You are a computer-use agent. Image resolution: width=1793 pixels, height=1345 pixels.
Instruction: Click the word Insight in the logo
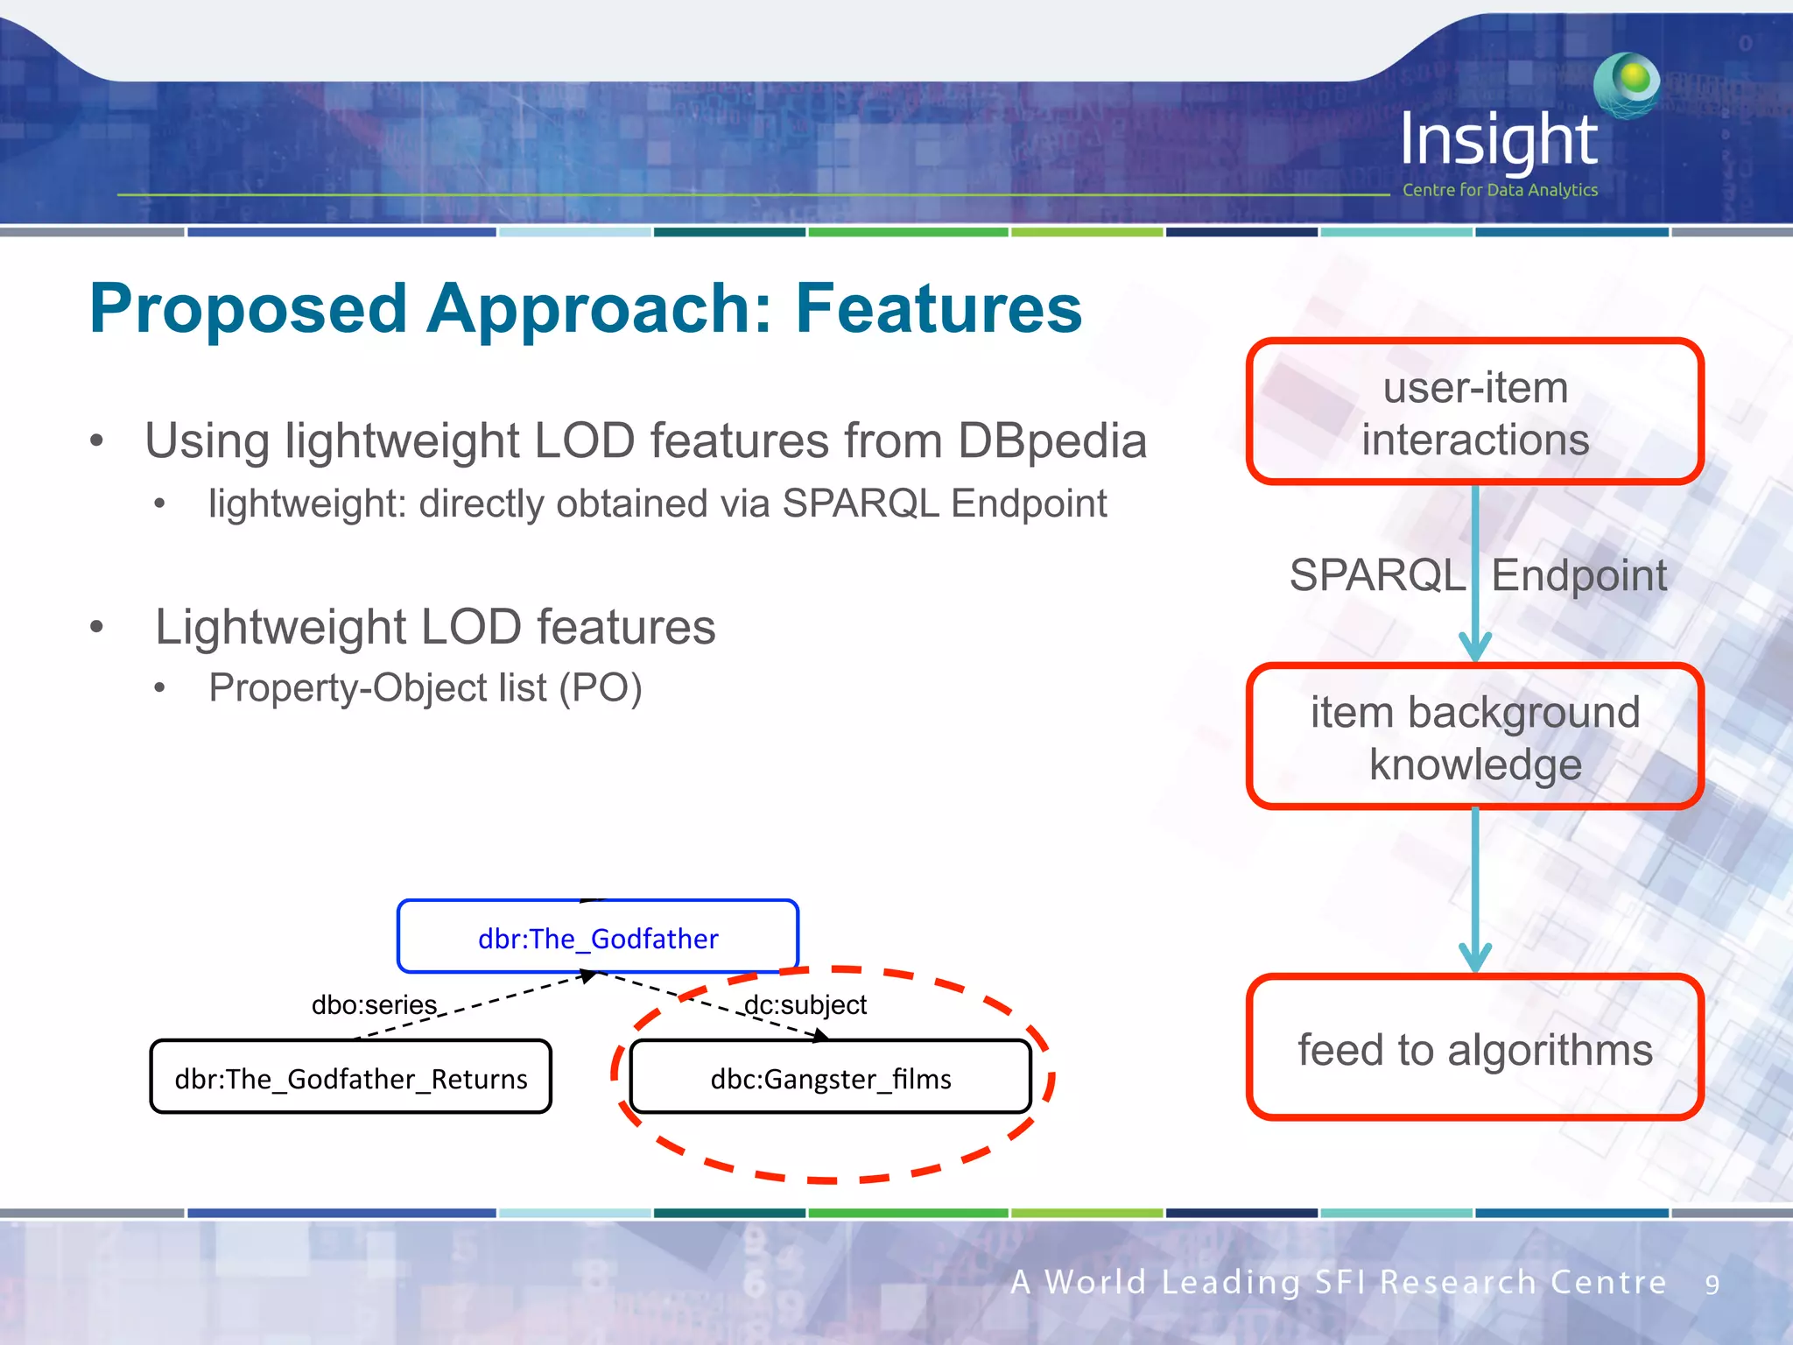(1498, 140)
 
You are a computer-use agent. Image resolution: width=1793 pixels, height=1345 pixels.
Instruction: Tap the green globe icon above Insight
(1627, 84)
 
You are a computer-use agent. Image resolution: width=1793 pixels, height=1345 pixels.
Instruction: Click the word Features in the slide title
(938, 309)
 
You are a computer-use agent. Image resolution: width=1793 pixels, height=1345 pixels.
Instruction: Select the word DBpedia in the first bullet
(1051, 440)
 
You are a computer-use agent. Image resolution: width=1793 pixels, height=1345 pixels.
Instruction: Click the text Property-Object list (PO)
(425, 688)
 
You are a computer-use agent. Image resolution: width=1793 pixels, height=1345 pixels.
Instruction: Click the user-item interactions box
(1474, 412)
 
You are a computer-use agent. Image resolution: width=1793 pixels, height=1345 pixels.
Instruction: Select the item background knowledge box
(1474, 737)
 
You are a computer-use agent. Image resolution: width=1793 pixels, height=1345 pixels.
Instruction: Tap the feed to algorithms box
(1474, 1048)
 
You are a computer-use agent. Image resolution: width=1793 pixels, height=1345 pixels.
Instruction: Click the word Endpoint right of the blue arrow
(1579, 575)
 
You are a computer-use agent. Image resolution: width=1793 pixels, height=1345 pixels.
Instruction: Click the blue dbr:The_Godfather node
(598, 938)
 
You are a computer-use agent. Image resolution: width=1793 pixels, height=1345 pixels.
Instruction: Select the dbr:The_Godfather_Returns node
(350, 1078)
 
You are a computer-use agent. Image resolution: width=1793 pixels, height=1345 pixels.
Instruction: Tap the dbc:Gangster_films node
(830, 1078)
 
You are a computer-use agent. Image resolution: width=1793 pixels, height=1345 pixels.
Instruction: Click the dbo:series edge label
(374, 1004)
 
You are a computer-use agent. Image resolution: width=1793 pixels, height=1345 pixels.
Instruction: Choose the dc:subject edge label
(805, 1004)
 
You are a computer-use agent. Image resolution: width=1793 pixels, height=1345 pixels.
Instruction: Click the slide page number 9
(1712, 1285)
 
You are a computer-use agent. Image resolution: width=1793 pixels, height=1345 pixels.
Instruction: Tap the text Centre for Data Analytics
(1500, 190)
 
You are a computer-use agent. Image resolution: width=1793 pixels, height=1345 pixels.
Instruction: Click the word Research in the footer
(1458, 1282)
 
